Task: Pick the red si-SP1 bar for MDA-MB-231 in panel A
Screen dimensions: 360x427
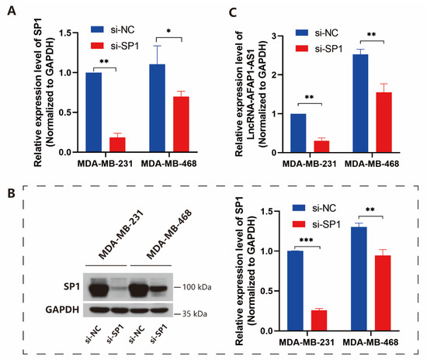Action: [x=120, y=144]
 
